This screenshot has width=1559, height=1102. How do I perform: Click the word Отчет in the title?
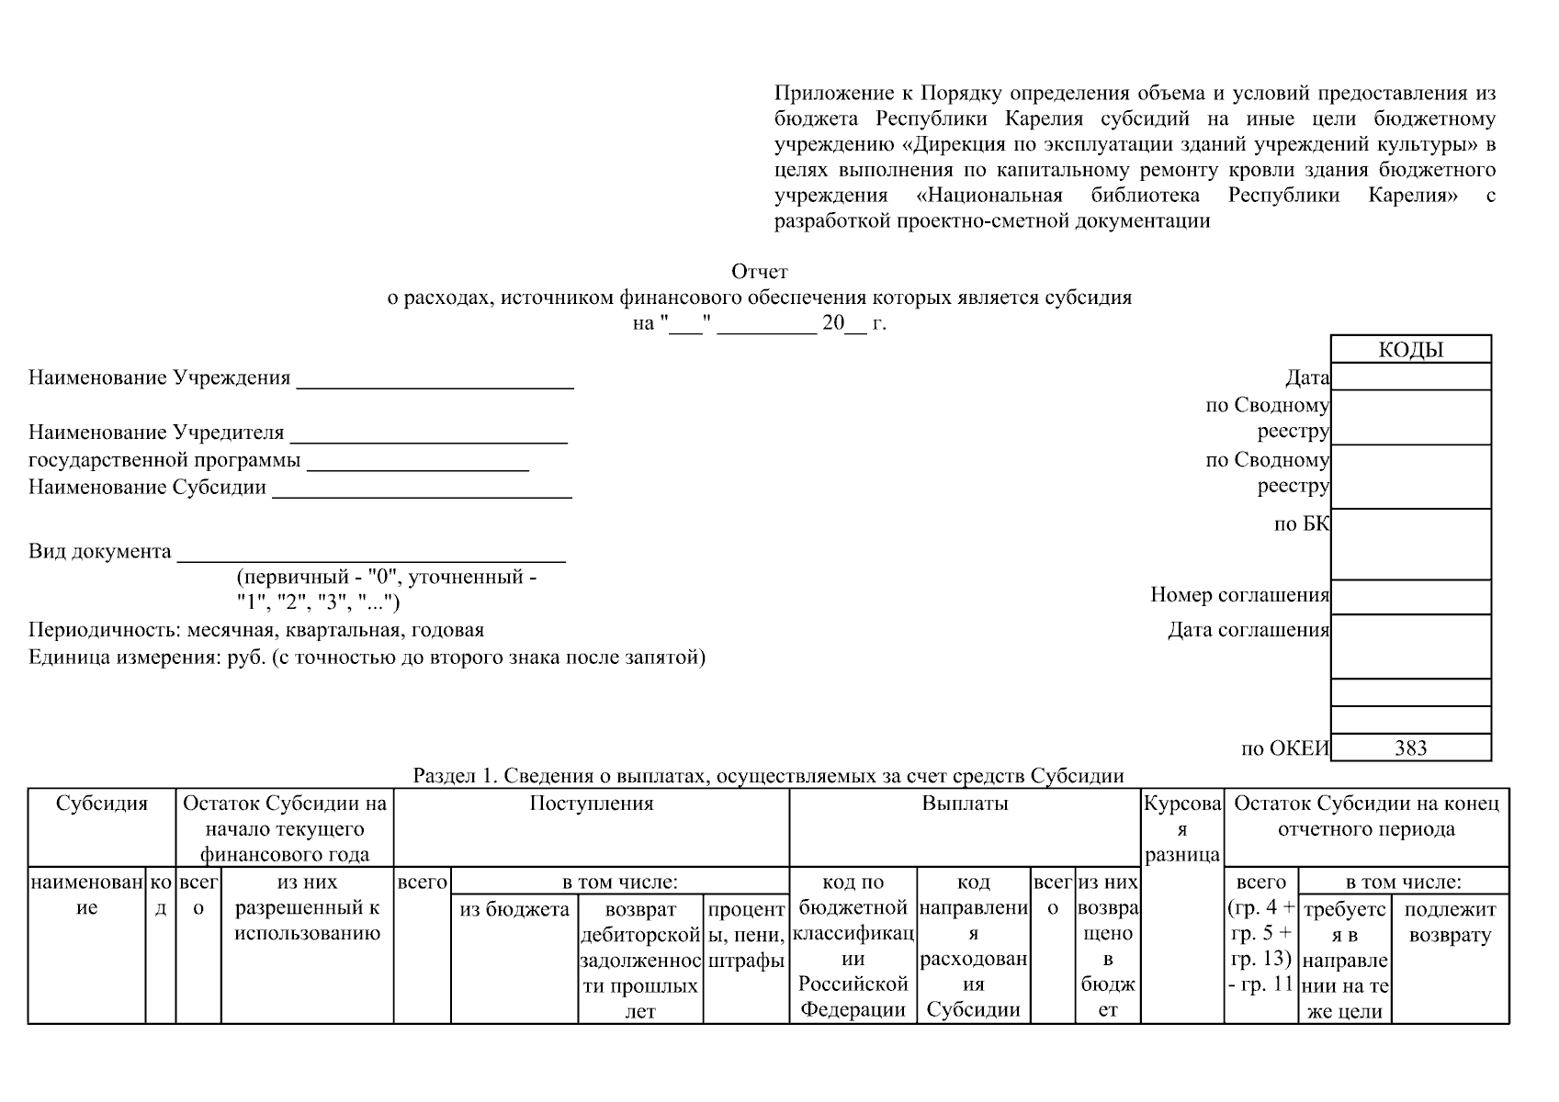click(x=759, y=272)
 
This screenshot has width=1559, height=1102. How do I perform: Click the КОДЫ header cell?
click(x=1410, y=350)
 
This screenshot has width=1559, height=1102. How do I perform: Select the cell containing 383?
click(x=1410, y=748)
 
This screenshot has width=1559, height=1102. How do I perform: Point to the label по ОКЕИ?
click(x=1284, y=748)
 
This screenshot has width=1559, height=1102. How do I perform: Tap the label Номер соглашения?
click(x=1239, y=595)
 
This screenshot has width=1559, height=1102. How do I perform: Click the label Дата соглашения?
click(x=1248, y=630)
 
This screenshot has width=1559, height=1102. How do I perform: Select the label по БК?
click(x=1301, y=523)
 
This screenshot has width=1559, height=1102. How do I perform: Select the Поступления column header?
click(x=591, y=804)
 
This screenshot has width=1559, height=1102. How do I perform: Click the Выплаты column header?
click(x=965, y=804)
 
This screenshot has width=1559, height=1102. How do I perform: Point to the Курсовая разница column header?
click(x=1181, y=829)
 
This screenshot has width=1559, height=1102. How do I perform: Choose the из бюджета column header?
click(x=514, y=910)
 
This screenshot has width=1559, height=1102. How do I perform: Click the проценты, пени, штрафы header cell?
click(x=746, y=935)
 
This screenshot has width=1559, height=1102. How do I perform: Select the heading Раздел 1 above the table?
click(x=768, y=776)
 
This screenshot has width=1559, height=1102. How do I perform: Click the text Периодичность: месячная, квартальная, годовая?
click(x=256, y=630)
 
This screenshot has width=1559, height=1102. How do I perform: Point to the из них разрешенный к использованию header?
click(x=307, y=908)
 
